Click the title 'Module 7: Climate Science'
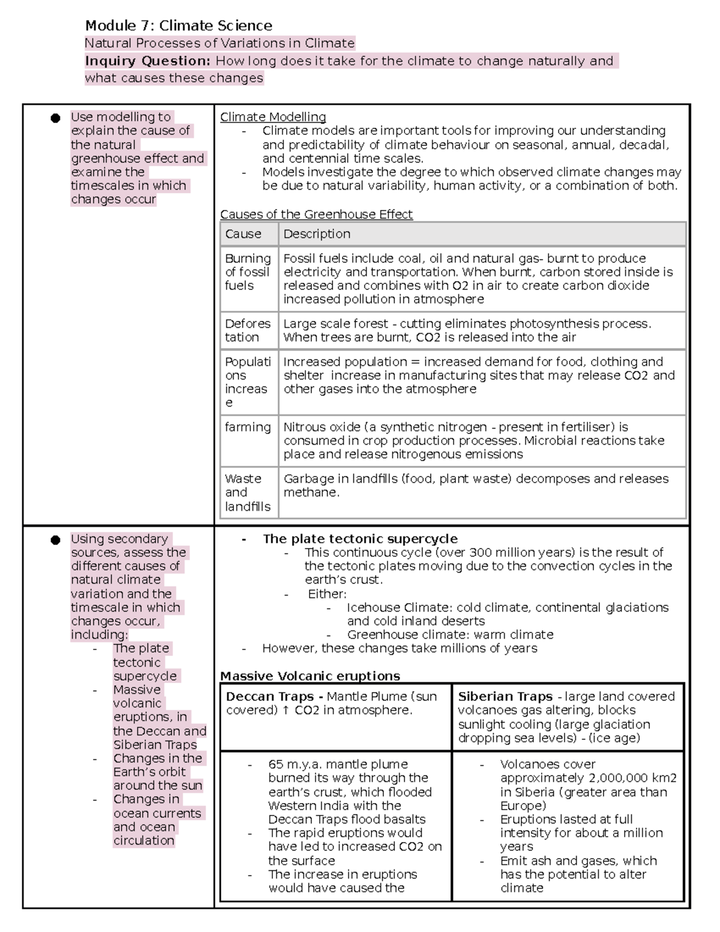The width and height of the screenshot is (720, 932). tap(178, 26)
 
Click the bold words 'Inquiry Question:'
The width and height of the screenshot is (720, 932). tap(148, 61)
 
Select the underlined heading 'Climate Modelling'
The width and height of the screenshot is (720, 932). tap(273, 117)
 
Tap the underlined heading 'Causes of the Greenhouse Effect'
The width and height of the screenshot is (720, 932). tap(316, 214)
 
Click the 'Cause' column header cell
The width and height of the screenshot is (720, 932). tap(243, 234)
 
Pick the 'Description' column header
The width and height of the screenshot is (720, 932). tap(317, 234)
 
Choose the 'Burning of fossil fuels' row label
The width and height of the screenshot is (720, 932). tap(248, 272)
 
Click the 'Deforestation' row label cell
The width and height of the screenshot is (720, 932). tap(248, 330)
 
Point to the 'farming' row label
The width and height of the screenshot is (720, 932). tap(248, 427)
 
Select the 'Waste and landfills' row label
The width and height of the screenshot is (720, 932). tap(248, 493)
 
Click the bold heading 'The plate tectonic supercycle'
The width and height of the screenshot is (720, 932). tap(360, 539)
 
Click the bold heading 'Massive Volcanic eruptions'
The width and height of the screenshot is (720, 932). tap(310, 676)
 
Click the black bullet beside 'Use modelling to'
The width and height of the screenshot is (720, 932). tap(55, 118)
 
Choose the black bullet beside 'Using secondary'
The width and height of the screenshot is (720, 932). tap(55, 540)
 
